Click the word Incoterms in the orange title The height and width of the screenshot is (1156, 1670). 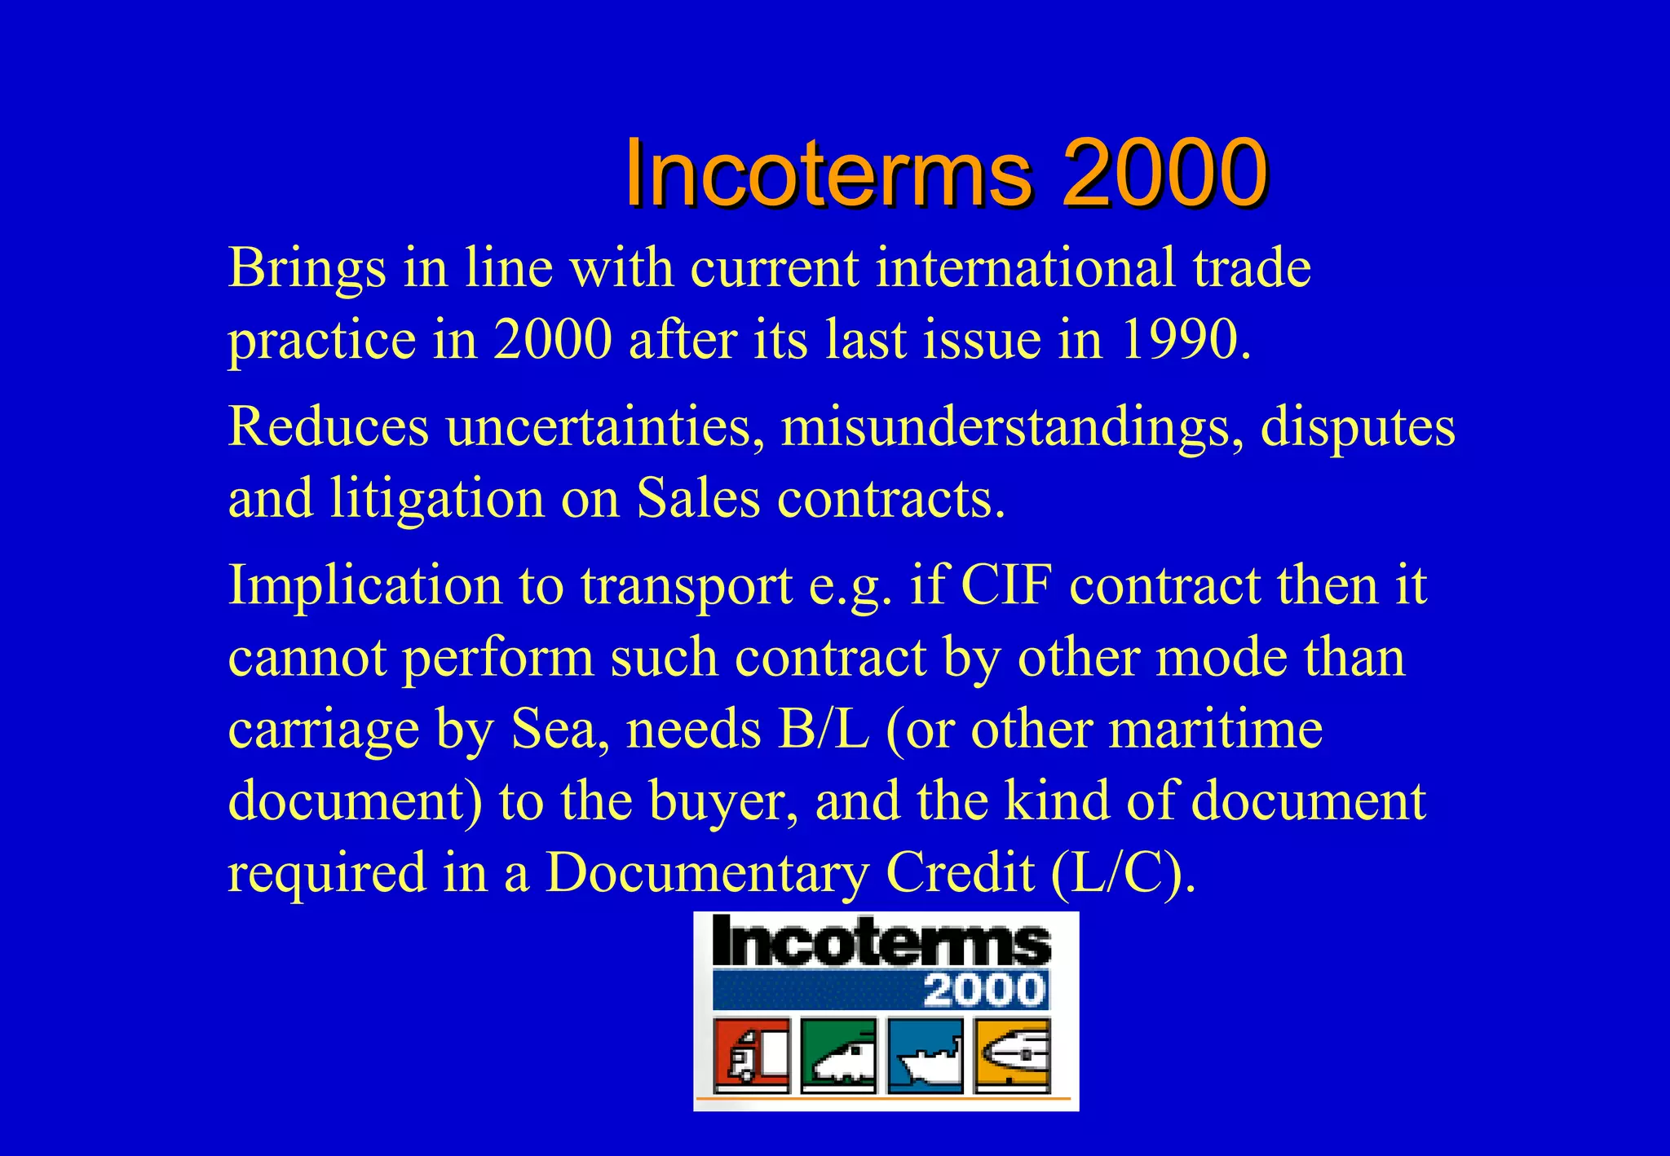coord(828,174)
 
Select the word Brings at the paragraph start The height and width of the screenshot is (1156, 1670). coord(307,268)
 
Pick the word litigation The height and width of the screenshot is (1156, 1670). coord(436,498)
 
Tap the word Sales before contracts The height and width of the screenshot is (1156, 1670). coord(697,498)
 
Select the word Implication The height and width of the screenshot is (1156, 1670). coord(364,586)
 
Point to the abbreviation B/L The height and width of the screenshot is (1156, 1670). coord(824,729)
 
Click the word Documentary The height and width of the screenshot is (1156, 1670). coord(707,872)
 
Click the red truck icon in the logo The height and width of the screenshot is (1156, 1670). coord(751,1056)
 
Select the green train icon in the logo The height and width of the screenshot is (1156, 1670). coord(838,1056)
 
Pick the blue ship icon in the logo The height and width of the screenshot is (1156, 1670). coord(925,1056)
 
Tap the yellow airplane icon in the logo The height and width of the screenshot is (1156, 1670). coord(1012,1056)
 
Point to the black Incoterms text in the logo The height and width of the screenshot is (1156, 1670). coord(881,942)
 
